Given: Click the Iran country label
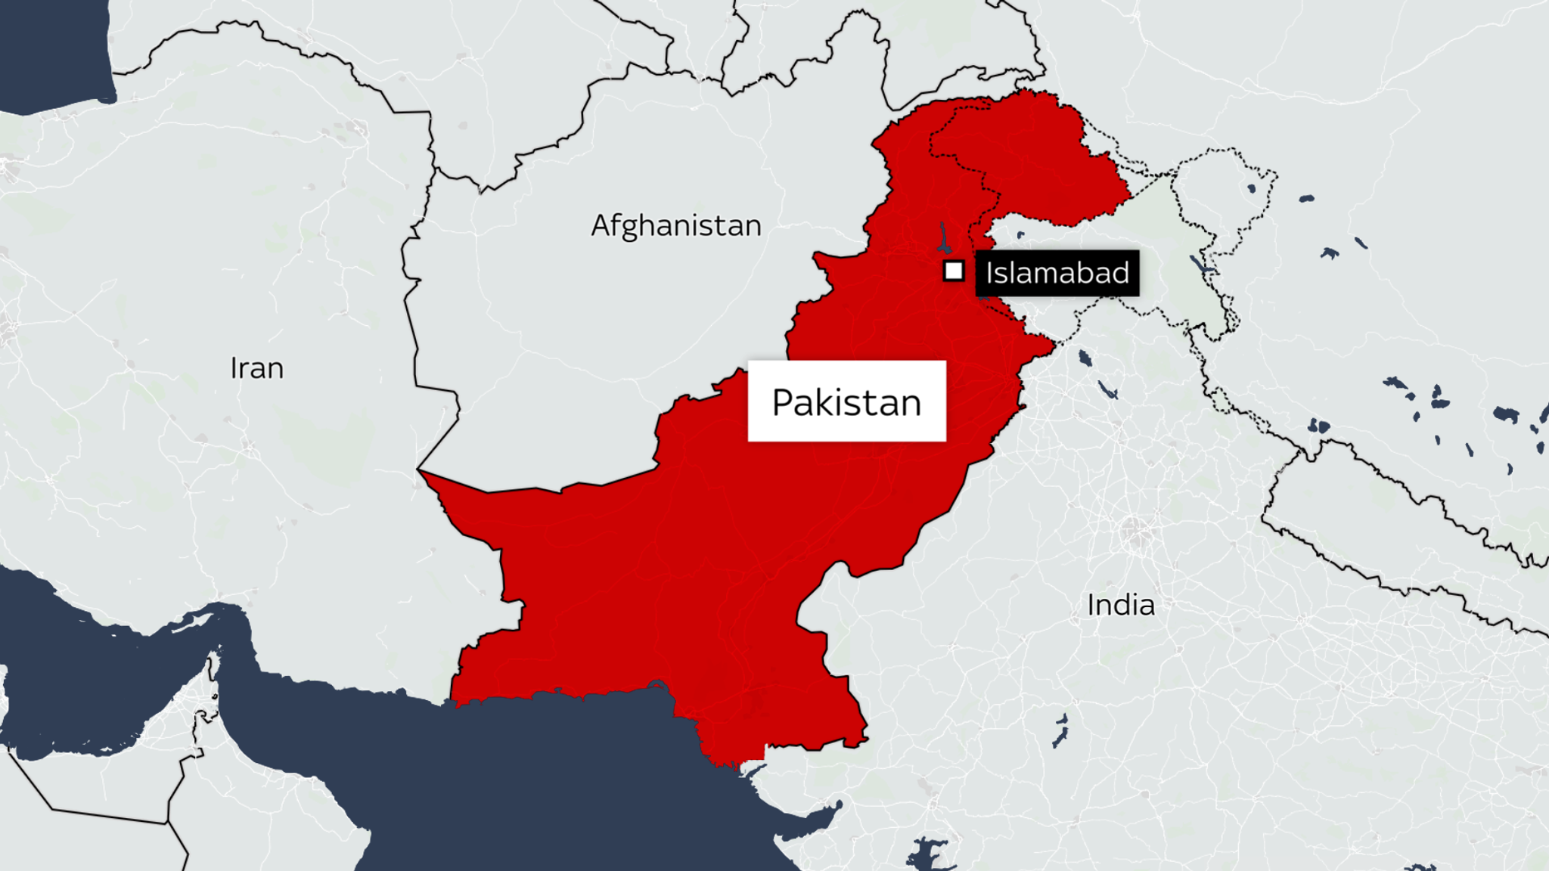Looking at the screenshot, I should [x=257, y=369].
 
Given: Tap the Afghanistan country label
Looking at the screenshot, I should [x=676, y=226].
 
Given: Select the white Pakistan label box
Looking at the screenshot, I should [x=846, y=401].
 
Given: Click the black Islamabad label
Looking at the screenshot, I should [x=1057, y=273].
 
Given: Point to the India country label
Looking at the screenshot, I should [x=1121, y=606].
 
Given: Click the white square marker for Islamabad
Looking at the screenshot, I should [x=954, y=271].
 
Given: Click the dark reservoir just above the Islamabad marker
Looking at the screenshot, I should [x=943, y=239].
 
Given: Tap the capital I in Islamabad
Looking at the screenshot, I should [x=989, y=273].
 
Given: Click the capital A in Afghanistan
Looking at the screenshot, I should [x=601, y=226].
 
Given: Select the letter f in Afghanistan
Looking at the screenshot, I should [x=617, y=226].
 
